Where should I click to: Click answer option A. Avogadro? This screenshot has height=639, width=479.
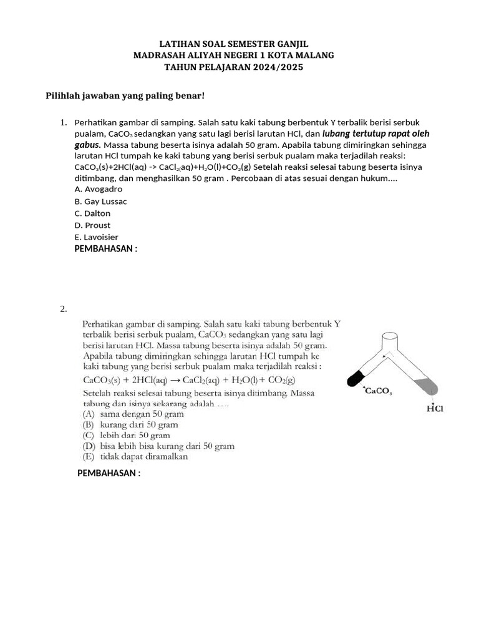(98, 188)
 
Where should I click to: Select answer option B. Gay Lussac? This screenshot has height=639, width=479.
(101, 201)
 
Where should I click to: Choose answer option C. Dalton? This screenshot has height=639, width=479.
(92, 213)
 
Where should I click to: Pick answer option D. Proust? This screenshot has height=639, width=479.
(92, 225)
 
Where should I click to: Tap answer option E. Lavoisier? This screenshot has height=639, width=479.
(96, 237)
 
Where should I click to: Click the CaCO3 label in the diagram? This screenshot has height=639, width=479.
(377, 391)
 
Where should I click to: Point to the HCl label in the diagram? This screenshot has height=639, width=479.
(435, 409)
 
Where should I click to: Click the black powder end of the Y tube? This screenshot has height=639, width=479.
(356, 377)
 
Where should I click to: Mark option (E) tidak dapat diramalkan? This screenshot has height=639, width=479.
(135, 456)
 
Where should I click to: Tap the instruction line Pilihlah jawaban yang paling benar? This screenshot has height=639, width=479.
(125, 95)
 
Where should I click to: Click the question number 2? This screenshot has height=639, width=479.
(63, 309)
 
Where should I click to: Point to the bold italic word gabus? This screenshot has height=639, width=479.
(87, 145)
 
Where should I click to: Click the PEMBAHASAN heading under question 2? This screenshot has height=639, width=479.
(109, 473)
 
